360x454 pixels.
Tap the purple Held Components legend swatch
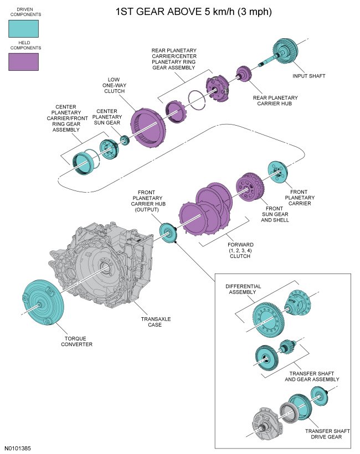(x=23, y=61)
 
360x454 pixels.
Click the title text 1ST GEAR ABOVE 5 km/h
(x=179, y=11)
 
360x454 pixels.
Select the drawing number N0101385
(x=19, y=447)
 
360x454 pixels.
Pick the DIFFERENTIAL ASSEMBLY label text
(x=243, y=290)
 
